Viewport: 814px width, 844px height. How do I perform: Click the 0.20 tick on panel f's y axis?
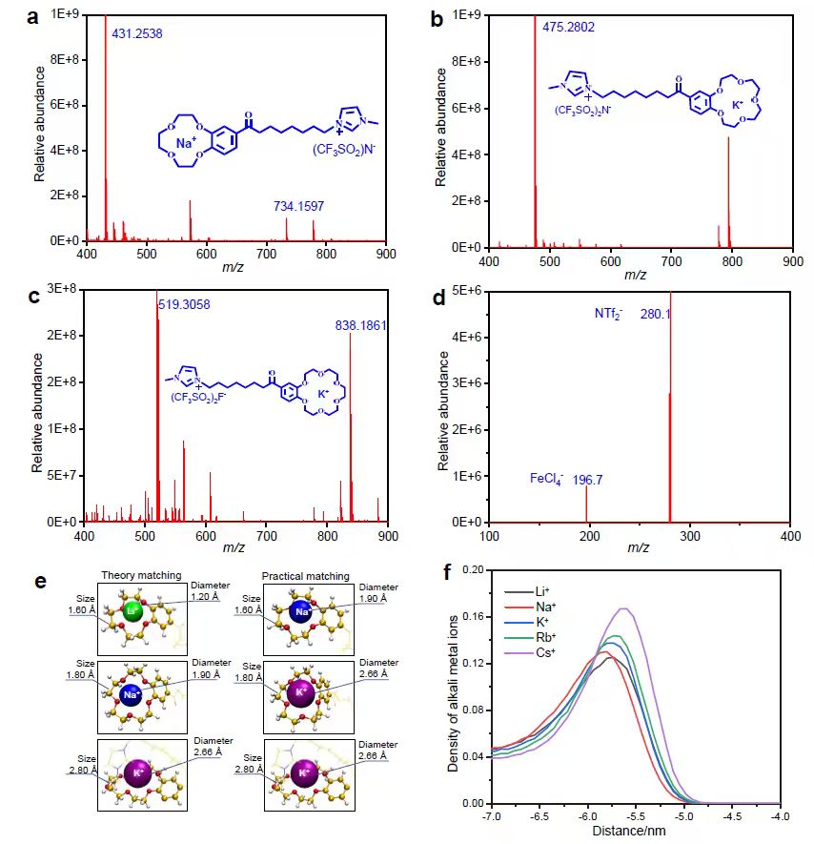473,569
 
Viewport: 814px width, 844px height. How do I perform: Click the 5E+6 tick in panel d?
467,291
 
